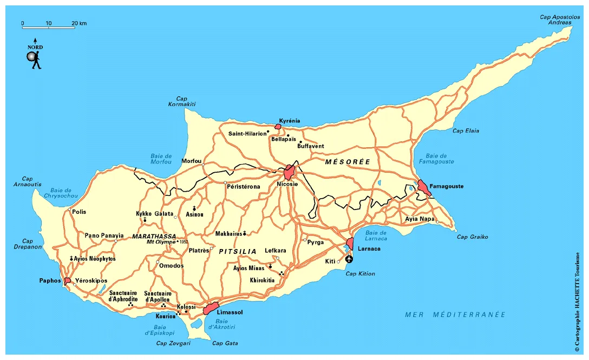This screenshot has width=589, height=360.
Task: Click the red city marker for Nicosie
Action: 289,172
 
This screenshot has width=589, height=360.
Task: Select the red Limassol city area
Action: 210,309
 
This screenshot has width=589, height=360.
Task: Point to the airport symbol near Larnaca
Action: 349,259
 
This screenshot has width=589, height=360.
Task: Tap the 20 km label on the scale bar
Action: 79,23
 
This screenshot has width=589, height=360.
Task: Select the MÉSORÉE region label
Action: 348,162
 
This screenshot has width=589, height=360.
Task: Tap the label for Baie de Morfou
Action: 161,159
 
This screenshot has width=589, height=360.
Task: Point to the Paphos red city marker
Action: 67,281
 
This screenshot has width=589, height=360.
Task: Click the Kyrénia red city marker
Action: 278,127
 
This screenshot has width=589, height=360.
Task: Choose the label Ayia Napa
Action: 420,219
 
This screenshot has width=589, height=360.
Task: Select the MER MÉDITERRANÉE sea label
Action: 455,315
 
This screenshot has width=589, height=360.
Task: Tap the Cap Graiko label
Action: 472,237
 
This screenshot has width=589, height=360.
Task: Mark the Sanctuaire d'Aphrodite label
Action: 123,296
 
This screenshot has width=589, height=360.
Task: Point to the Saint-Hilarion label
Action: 247,133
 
